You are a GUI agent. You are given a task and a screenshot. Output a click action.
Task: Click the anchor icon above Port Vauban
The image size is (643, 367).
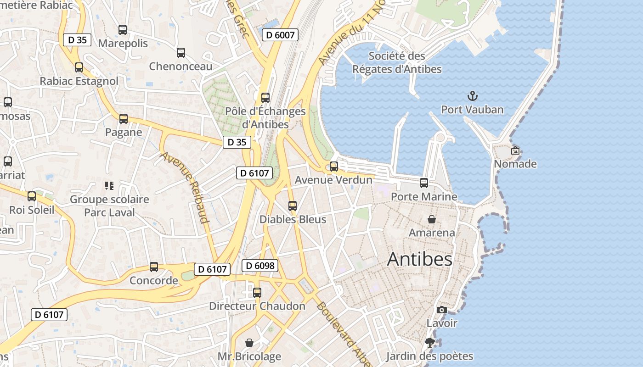(x=472, y=96)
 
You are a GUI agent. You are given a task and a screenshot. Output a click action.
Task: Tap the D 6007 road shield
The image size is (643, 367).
(x=280, y=34)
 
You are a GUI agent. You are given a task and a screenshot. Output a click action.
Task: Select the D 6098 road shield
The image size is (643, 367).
(x=260, y=266)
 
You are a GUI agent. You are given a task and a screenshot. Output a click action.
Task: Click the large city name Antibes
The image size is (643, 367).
(x=420, y=259)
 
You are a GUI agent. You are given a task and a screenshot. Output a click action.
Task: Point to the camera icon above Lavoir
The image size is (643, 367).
(x=442, y=310)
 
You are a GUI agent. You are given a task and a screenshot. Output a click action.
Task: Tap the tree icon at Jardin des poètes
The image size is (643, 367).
(x=429, y=343)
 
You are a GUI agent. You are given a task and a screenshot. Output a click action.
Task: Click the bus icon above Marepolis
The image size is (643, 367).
(x=123, y=30)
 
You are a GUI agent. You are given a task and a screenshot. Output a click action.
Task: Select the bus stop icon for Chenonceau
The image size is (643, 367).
(x=181, y=53)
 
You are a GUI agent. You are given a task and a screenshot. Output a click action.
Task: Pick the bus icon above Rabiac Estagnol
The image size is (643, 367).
(x=79, y=67)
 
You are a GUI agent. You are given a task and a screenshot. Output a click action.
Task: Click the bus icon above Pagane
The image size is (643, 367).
(x=124, y=119)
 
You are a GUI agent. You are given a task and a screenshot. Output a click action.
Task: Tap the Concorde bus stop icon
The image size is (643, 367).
(x=154, y=267)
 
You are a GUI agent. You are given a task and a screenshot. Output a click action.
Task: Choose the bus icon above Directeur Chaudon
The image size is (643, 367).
(x=257, y=292)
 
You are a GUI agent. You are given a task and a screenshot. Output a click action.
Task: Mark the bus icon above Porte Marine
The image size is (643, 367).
(x=424, y=183)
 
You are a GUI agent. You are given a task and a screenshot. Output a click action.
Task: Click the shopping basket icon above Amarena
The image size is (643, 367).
(x=432, y=219)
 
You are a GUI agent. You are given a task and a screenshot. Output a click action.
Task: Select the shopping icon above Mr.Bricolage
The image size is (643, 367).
(x=249, y=343)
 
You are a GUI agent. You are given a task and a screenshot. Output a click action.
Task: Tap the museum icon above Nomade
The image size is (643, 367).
(x=515, y=150)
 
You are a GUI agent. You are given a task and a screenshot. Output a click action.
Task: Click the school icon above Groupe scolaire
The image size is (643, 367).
(x=109, y=186)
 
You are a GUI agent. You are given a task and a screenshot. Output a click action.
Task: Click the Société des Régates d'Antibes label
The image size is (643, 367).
(x=397, y=63)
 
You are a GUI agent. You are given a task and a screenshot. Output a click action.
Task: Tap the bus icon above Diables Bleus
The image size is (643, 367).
(x=293, y=206)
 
